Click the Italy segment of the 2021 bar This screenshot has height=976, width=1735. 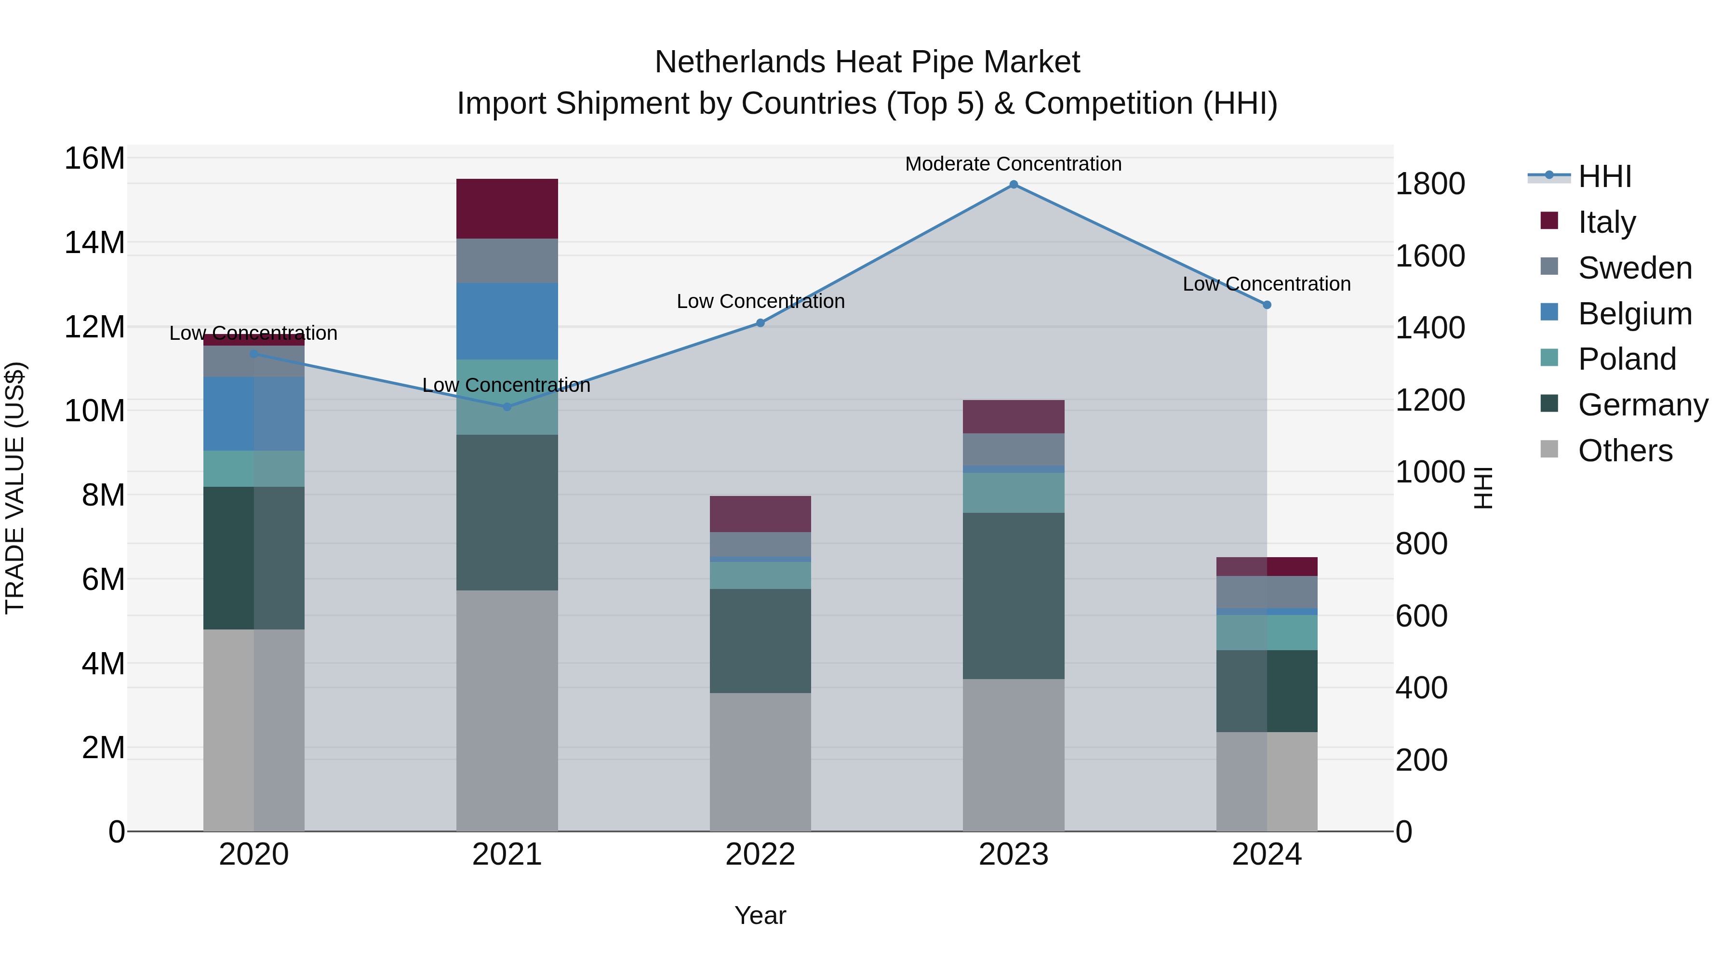click(507, 208)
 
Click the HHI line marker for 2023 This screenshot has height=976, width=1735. click(1013, 185)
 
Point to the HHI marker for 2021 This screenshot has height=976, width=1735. click(507, 407)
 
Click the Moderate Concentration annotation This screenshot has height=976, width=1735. click(1013, 164)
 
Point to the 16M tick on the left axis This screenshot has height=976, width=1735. click(94, 159)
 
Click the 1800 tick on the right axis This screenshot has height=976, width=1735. click(1429, 184)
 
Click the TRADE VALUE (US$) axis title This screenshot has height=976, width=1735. click(15, 488)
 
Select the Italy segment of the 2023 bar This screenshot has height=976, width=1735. click(1013, 416)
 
